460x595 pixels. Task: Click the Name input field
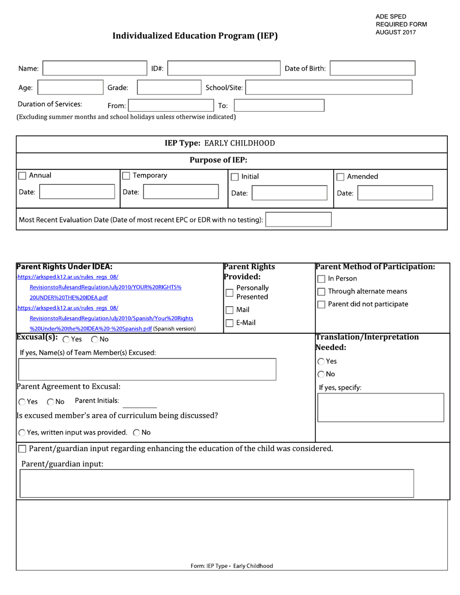94,68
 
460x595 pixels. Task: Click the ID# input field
224,68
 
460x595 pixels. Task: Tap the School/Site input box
330,88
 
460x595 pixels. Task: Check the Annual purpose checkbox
22,176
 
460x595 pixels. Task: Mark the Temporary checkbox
126,176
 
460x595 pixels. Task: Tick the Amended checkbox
340,177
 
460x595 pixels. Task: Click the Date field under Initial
289,193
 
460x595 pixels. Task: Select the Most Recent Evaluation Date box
298,220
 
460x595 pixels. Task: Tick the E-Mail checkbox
230,323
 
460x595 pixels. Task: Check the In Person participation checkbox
321,279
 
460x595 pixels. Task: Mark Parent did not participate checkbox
321,304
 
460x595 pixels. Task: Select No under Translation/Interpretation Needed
321,374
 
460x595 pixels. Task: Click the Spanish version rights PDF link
91,328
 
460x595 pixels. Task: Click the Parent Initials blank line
143,402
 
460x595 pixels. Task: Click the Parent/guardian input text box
216,483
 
